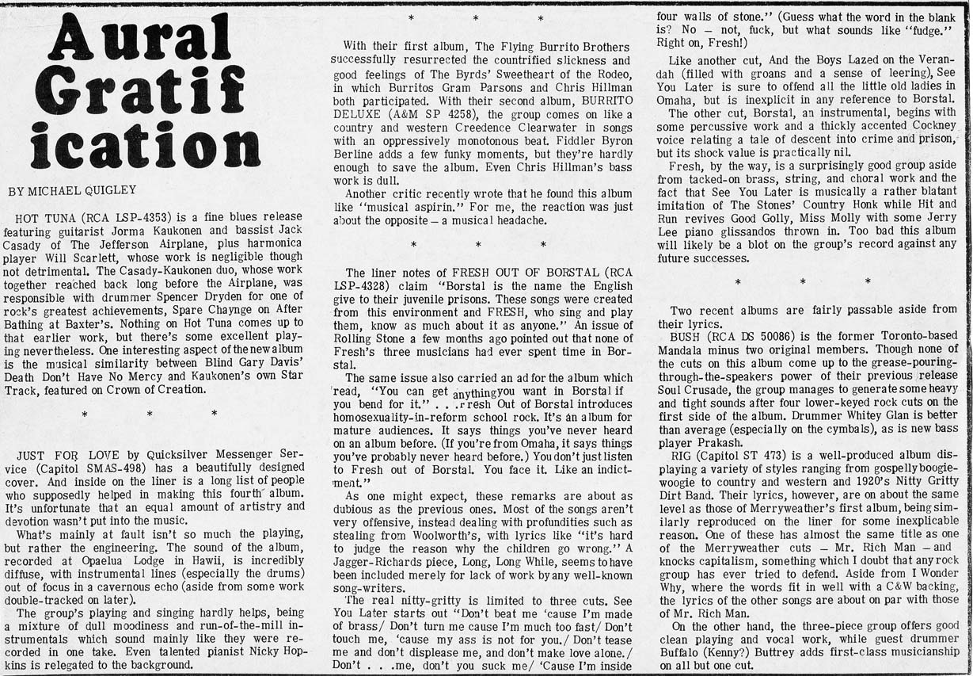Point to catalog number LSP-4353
tap(122, 220)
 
